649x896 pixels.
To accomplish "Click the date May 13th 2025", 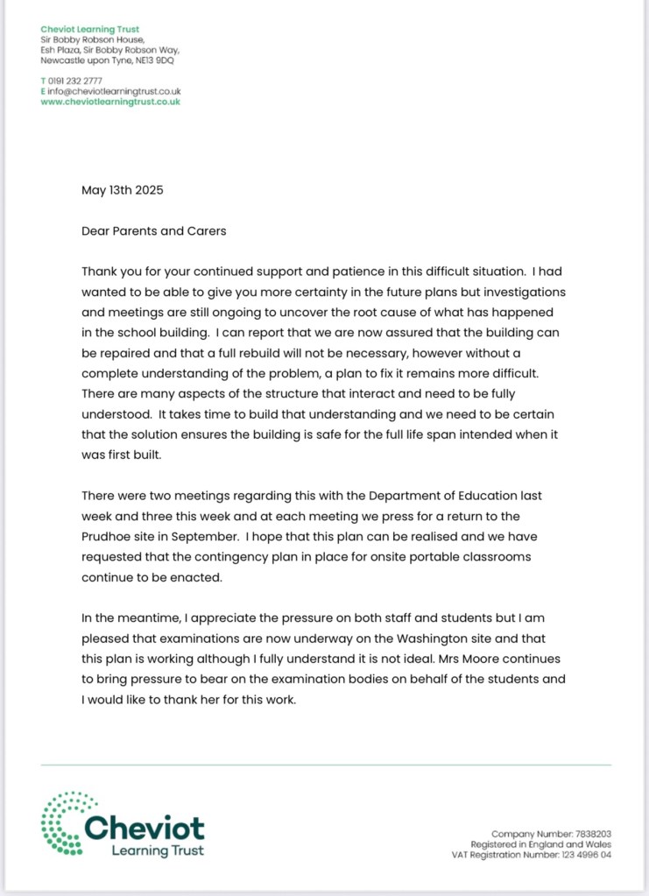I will pyautogui.click(x=123, y=189).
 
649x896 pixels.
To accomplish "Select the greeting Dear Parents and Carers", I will pyautogui.click(x=153, y=231).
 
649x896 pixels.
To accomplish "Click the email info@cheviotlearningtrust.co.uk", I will pyautogui.click(x=114, y=91).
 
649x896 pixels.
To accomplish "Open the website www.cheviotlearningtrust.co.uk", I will pyautogui.click(x=110, y=102).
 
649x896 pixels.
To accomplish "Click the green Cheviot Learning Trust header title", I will pyautogui.click(x=89, y=30).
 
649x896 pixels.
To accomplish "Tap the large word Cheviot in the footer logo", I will pyautogui.click(x=145, y=828).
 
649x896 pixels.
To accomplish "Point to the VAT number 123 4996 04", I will pyautogui.click(x=581, y=855).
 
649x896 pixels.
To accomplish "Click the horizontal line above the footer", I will pyautogui.click(x=326, y=765).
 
